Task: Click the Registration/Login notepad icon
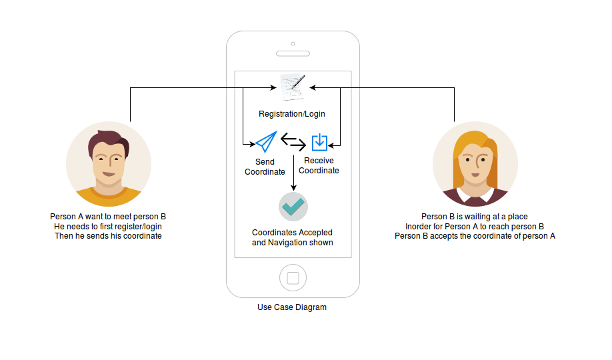tap(293, 87)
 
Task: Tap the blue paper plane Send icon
tap(265, 142)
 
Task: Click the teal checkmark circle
tap(293, 207)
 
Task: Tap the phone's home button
tap(292, 277)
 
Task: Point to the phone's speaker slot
tap(293, 53)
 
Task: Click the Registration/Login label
tap(292, 114)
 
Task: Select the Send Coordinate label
tap(265, 167)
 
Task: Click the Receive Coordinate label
tap(319, 165)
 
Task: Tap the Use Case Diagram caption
tap(292, 307)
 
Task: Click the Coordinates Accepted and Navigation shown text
tap(292, 237)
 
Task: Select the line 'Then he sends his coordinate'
tap(108, 236)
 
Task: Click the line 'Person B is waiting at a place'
tap(475, 217)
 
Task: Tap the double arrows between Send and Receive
tap(293, 141)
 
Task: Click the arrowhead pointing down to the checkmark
tap(293, 189)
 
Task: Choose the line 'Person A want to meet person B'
tap(108, 217)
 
